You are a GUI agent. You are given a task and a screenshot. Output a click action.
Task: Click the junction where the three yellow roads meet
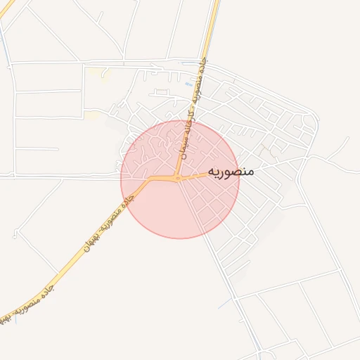[x=179, y=179]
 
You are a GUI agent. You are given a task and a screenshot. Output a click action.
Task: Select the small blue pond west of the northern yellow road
[x=188, y=84]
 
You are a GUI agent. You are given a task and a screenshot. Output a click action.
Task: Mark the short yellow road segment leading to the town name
[x=197, y=175]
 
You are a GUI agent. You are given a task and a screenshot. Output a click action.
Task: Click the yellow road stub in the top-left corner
[x=7, y=8]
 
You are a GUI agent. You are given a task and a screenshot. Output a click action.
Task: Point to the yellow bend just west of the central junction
[x=150, y=181]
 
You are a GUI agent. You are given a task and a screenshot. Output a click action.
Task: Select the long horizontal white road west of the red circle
[x=63, y=176]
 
